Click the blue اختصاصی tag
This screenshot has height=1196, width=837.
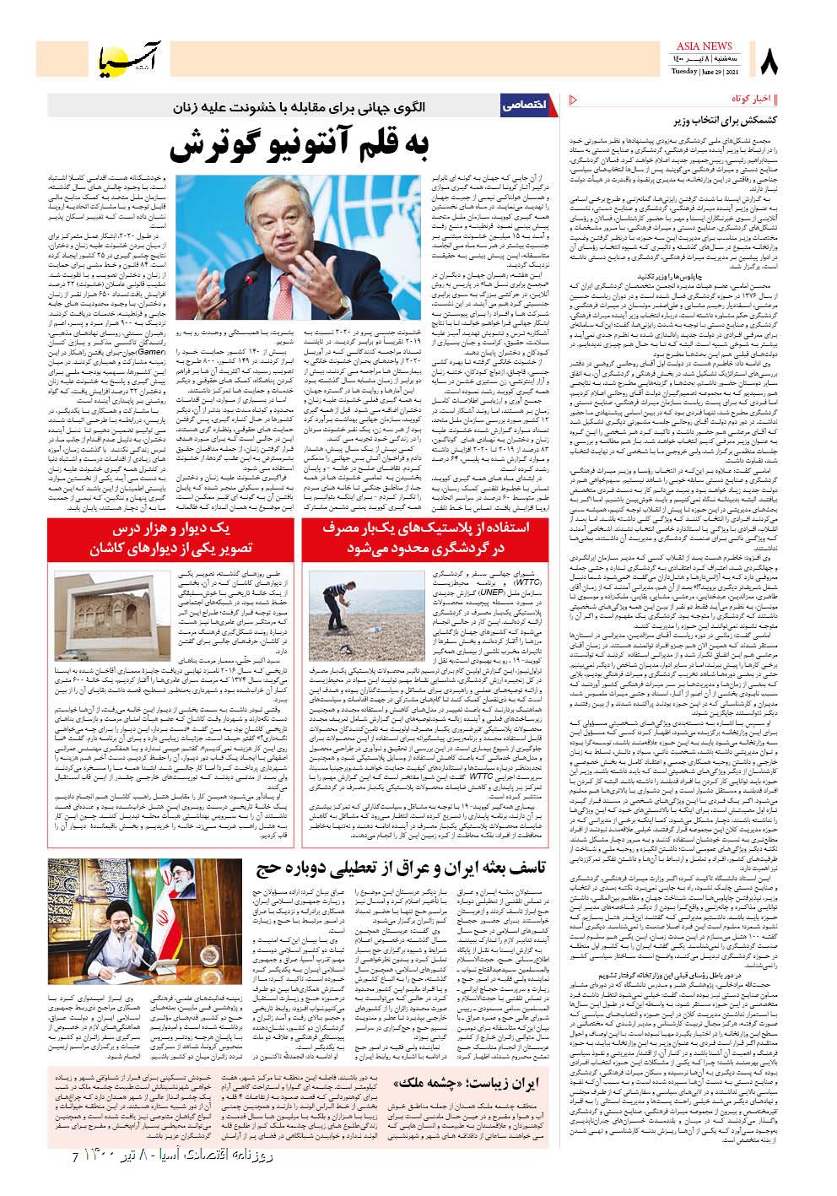(x=526, y=106)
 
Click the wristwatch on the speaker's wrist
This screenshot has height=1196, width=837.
(x=344, y=300)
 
